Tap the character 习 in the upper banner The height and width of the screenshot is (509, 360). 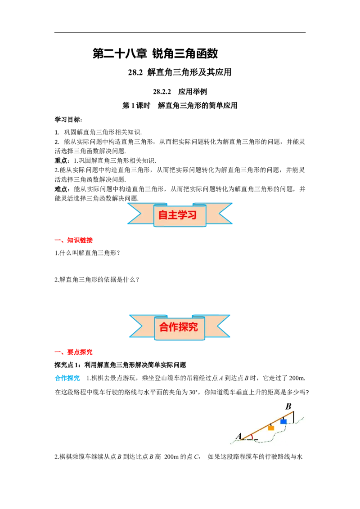[192, 215]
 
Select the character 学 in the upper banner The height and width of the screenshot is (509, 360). [182, 215]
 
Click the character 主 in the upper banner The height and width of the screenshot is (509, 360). [173, 215]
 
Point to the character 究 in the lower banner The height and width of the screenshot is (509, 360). [193, 327]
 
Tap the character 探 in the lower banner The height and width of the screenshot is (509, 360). [184, 327]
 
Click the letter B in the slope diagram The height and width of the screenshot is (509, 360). [288, 406]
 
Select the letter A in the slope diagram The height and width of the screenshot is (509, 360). [238, 435]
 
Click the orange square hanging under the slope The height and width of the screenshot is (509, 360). [271, 428]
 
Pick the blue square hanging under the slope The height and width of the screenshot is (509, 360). [283, 421]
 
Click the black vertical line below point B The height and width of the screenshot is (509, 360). [293, 417]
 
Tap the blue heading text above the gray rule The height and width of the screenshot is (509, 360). [67, 378]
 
